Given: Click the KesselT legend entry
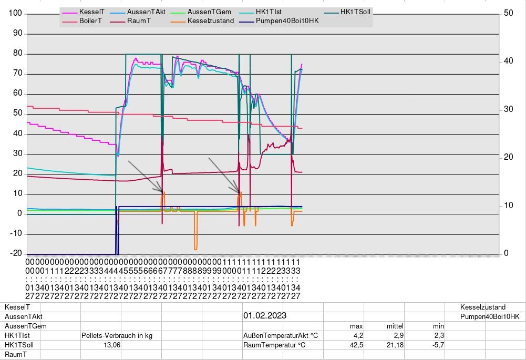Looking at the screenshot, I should (x=91, y=12).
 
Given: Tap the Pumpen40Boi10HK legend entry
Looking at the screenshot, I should (x=287, y=21).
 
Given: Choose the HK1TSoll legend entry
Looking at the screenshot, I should (x=356, y=12).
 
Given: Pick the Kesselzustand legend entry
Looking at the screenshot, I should (x=210, y=21).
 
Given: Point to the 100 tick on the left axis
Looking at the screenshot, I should (x=15, y=14).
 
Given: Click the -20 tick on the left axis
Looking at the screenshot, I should (x=15, y=254).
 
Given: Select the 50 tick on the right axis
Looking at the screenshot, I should (x=508, y=14).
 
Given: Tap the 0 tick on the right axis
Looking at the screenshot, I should (x=506, y=254).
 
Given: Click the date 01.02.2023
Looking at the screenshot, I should (x=265, y=316).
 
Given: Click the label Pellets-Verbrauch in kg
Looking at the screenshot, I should (x=117, y=336).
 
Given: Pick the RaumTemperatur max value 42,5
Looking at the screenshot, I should (x=356, y=345).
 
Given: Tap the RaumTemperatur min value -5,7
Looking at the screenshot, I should (x=437, y=345).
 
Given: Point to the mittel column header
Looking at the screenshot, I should (x=395, y=326).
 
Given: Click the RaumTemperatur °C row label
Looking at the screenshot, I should (x=274, y=345).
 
